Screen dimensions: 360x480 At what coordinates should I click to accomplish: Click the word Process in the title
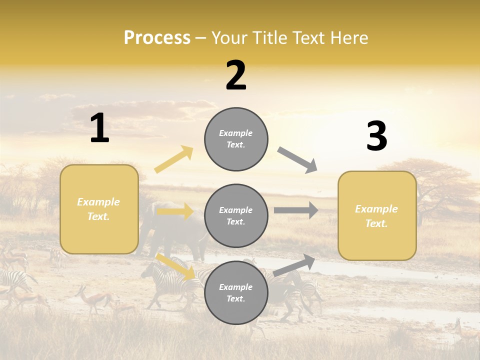tap(157, 38)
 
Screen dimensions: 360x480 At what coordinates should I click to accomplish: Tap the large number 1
tap(99, 128)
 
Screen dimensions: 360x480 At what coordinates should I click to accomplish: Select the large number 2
tap(236, 76)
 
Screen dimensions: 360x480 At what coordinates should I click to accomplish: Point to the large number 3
tap(376, 136)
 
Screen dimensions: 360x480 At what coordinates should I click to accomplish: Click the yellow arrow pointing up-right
tap(174, 159)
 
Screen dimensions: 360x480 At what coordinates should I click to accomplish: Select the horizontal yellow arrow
tap(175, 211)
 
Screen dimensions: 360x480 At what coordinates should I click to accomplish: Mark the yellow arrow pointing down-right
tap(176, 266)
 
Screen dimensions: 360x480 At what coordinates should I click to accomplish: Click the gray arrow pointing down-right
tap(297, 160)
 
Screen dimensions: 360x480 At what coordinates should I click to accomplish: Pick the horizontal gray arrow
tap(296, 210)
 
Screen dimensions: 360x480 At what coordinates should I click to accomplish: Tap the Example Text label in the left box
tap(98, 209)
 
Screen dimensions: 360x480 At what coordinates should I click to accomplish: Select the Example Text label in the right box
tap(376, 216)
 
